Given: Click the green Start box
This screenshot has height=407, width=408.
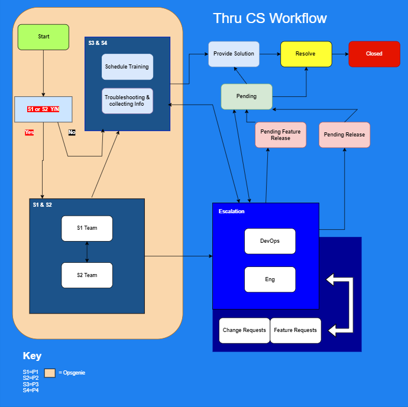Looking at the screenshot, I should pyautogui.click(x=43, y=37).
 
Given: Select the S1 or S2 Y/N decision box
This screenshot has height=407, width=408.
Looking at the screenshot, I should pyautogui.click(x=43, y=109).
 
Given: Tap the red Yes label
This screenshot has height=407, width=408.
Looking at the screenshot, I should pyautogui.click(x=29, y=132).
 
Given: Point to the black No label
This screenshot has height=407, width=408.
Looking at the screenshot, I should pyautogui.click(x=72, y=132).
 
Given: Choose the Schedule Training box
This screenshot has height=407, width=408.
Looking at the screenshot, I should pyautogui.click(x=127, y=67).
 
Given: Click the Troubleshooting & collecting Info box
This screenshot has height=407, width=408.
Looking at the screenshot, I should pyautogui.click(x=127, y=100).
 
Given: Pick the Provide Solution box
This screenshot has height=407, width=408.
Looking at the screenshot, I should pyautogui.click(x=234, y=54).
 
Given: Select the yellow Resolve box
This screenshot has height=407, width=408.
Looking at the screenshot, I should pyautogui.click(x=306, y=54).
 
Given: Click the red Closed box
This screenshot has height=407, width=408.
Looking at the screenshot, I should pyautogui.click(x=374, y=54).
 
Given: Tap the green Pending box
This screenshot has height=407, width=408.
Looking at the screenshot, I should pyautogui.click(x=247, y=96).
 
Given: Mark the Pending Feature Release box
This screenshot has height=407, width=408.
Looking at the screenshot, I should pyautogui.click(x=280, y=135).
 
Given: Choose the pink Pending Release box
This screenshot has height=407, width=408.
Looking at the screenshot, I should pyautogui.click(x=344, y=135).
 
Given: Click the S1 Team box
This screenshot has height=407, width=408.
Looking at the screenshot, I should pyautogui.click(x=87, y=228).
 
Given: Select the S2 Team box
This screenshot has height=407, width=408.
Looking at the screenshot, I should pyautogui.click(x=87, y=275).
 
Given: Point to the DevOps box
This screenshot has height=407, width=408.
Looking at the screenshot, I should pyautogui.click(x=270, y=241).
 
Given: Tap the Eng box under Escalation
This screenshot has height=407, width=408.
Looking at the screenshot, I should pyautogui.click(x=270, y=279).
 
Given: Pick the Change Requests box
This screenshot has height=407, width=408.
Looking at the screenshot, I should pyautogui.click(x=244, y=330).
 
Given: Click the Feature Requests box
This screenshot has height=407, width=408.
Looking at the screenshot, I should pyautogui.click(x=295, y=330).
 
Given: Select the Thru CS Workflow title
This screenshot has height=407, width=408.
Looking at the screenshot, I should pyautogui.click(x=270, y=18).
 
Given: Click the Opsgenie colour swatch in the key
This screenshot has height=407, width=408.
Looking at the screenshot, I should pyautogui.click(x=50, y=373).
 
